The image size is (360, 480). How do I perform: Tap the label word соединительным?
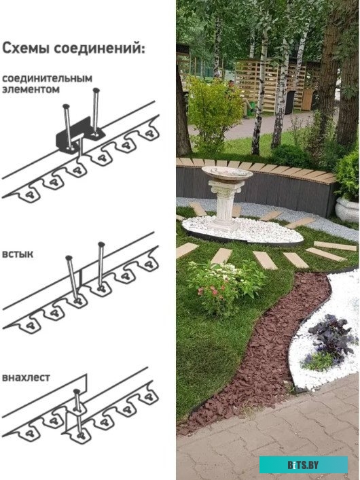coord(47,79)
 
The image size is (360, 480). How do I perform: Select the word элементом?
coord(31,89)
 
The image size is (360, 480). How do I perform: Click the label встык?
coord(18,254)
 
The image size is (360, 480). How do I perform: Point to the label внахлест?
coord(26,377)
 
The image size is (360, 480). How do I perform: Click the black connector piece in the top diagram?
coord(79,135)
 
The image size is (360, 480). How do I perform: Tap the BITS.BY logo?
coord(303,464)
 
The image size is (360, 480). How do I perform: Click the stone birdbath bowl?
coord(227,174)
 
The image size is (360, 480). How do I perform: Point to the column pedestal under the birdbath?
coord(225,205)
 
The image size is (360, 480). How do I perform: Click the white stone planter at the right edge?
coord(347,209)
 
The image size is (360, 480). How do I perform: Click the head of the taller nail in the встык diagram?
coord(101,244)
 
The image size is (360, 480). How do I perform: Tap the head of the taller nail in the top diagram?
coord(96,90)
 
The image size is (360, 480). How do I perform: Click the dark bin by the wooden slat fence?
coord(289,102)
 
